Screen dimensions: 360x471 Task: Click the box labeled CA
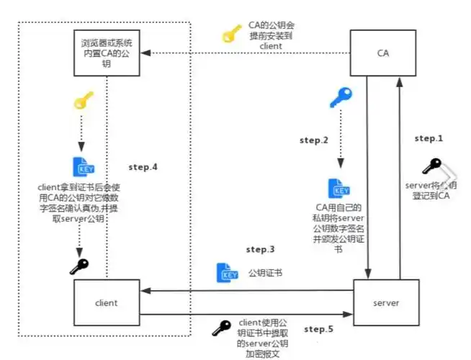click(382, 53)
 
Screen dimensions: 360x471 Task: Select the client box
click(106, 302)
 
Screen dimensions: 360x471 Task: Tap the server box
click(386, 302)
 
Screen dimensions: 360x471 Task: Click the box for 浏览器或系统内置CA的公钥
click(107, 53)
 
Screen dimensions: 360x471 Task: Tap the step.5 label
click(318, 330)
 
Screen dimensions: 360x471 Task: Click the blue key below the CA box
click(340, 97)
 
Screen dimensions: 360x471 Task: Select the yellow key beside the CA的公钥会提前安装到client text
click(232, 34)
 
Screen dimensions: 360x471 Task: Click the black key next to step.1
click(432, 166)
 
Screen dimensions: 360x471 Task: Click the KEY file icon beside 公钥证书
click(227, 273)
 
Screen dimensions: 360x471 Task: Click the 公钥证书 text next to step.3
click(265, 274)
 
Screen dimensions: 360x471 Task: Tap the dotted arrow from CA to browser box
click(245, 53)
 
